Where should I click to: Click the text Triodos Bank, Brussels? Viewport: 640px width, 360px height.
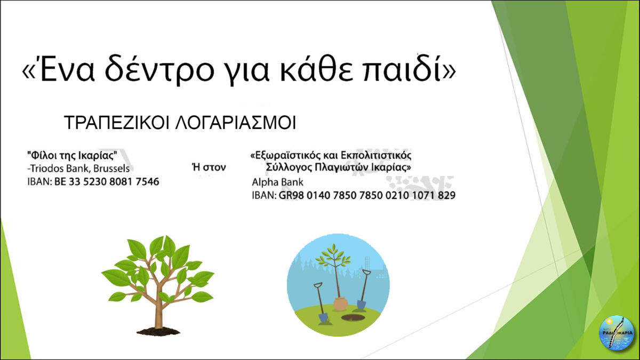click(x=79, y=169)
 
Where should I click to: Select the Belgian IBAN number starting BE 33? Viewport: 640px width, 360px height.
click(x=107, y=182)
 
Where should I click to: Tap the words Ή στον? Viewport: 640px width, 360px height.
click(x=209, y=167)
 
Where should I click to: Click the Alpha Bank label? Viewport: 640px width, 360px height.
click(x=277, y=182)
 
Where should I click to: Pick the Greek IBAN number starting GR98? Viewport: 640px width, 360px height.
click(x=367, y=196)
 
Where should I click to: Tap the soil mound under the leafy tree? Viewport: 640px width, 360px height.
click(x=158, y=331)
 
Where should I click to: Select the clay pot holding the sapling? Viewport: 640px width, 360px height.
click(x=341, y=303)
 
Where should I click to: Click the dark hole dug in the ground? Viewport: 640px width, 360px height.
click(x=353, y=317)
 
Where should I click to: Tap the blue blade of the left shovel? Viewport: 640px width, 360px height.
click(x=323, y=317)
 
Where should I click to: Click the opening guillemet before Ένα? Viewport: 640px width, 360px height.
click(x=29, y=71)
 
